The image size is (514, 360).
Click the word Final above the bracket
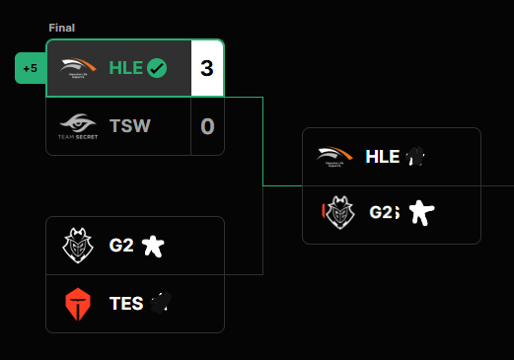point(62,28)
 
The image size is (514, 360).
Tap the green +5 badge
point(31,68)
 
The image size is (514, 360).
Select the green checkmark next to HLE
point(157,68)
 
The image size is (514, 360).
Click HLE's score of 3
point(207,68)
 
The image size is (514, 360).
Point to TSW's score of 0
point(207,126)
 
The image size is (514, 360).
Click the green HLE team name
point(126,68)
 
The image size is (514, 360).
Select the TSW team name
point(130,125)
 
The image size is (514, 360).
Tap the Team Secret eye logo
point(78,126)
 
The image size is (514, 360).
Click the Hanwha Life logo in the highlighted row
point(78,67)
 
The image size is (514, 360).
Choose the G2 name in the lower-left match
point(121,246)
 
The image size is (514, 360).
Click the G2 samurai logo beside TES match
point(78,246)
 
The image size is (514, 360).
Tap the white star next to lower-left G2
point(153,246)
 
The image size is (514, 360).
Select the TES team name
point(126,303)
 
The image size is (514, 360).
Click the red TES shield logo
point(78,304)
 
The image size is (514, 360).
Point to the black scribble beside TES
point(161,303)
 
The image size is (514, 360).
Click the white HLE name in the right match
point(383,157)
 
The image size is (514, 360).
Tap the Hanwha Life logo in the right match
point(334,157)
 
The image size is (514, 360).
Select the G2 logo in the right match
point(339,212)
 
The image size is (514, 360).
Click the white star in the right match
point(421,213)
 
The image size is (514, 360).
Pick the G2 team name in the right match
point(384,212)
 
